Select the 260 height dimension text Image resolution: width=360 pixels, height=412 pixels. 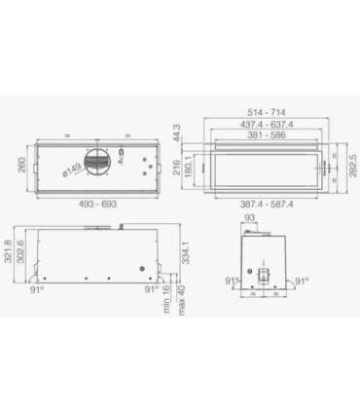point(21,165)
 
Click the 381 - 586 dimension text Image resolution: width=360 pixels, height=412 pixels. point(267,137)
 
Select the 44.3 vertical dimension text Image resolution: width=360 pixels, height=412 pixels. point(180,131)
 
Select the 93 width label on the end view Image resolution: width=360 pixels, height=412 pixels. point(249,219)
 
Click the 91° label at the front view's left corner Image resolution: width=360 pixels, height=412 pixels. point(37,289)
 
